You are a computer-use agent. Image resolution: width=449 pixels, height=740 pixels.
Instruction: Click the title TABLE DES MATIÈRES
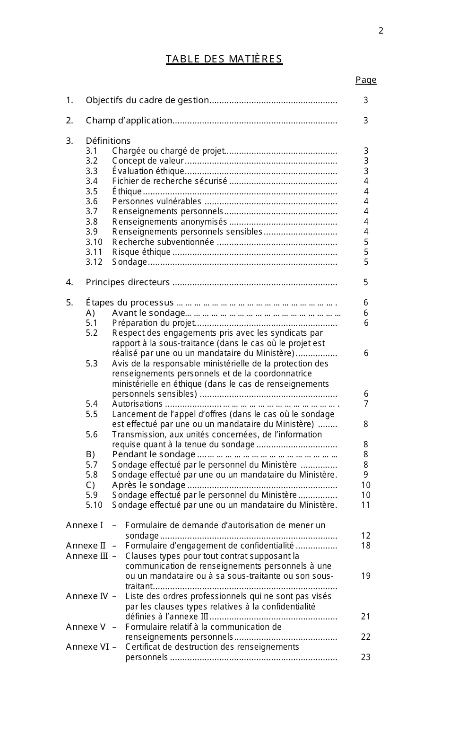pyautogui.click(x=224, y=59)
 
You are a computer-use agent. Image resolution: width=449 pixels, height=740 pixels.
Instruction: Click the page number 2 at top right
pyautogui.click(x=381, y=31)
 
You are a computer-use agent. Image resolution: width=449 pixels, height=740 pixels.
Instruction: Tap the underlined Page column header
pyautogui.click(x=366, y=80)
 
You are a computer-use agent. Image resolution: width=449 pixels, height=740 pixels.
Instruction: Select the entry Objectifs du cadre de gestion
pyautogui.click(x=147, y=100)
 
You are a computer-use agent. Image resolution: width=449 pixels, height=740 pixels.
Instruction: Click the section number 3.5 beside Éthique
pyautogui.click(x=92, y=192)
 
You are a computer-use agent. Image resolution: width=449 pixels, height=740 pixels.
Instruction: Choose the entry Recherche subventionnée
pyautogui.click(x=163, y=242)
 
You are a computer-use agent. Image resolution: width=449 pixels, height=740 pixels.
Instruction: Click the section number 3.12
pyautogui.click(x=94, y=262)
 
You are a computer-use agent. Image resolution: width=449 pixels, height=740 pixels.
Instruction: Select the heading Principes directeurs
pyautogui.click(x=128, y=282)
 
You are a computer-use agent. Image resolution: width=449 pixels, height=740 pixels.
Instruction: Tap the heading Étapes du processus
pyautogui.click(x=130, y=303)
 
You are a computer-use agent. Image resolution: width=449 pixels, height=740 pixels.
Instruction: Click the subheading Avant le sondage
pyautogui.click(x=148, y=313)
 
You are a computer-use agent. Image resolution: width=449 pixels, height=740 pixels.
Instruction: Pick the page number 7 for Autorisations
pyautogui.click(x=366, y=404)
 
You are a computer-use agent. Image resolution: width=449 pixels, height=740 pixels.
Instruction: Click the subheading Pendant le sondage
pyautogui.click(x=154, y=454)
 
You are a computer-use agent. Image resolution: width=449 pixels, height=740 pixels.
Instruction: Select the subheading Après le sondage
pyautogui.click(x=149, y=485)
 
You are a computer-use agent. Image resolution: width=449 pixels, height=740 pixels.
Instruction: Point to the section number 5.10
pyautogui.click(x=94, y=505)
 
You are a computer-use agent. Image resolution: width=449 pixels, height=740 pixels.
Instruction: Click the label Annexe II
pyautogui.click(x=86, y=546)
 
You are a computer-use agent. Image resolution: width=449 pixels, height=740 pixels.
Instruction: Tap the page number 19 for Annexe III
pyautogui.click(x=366, y=576)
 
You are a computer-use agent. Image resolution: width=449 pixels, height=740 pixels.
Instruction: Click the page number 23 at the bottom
pyautogui.click(x=366, y=657)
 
